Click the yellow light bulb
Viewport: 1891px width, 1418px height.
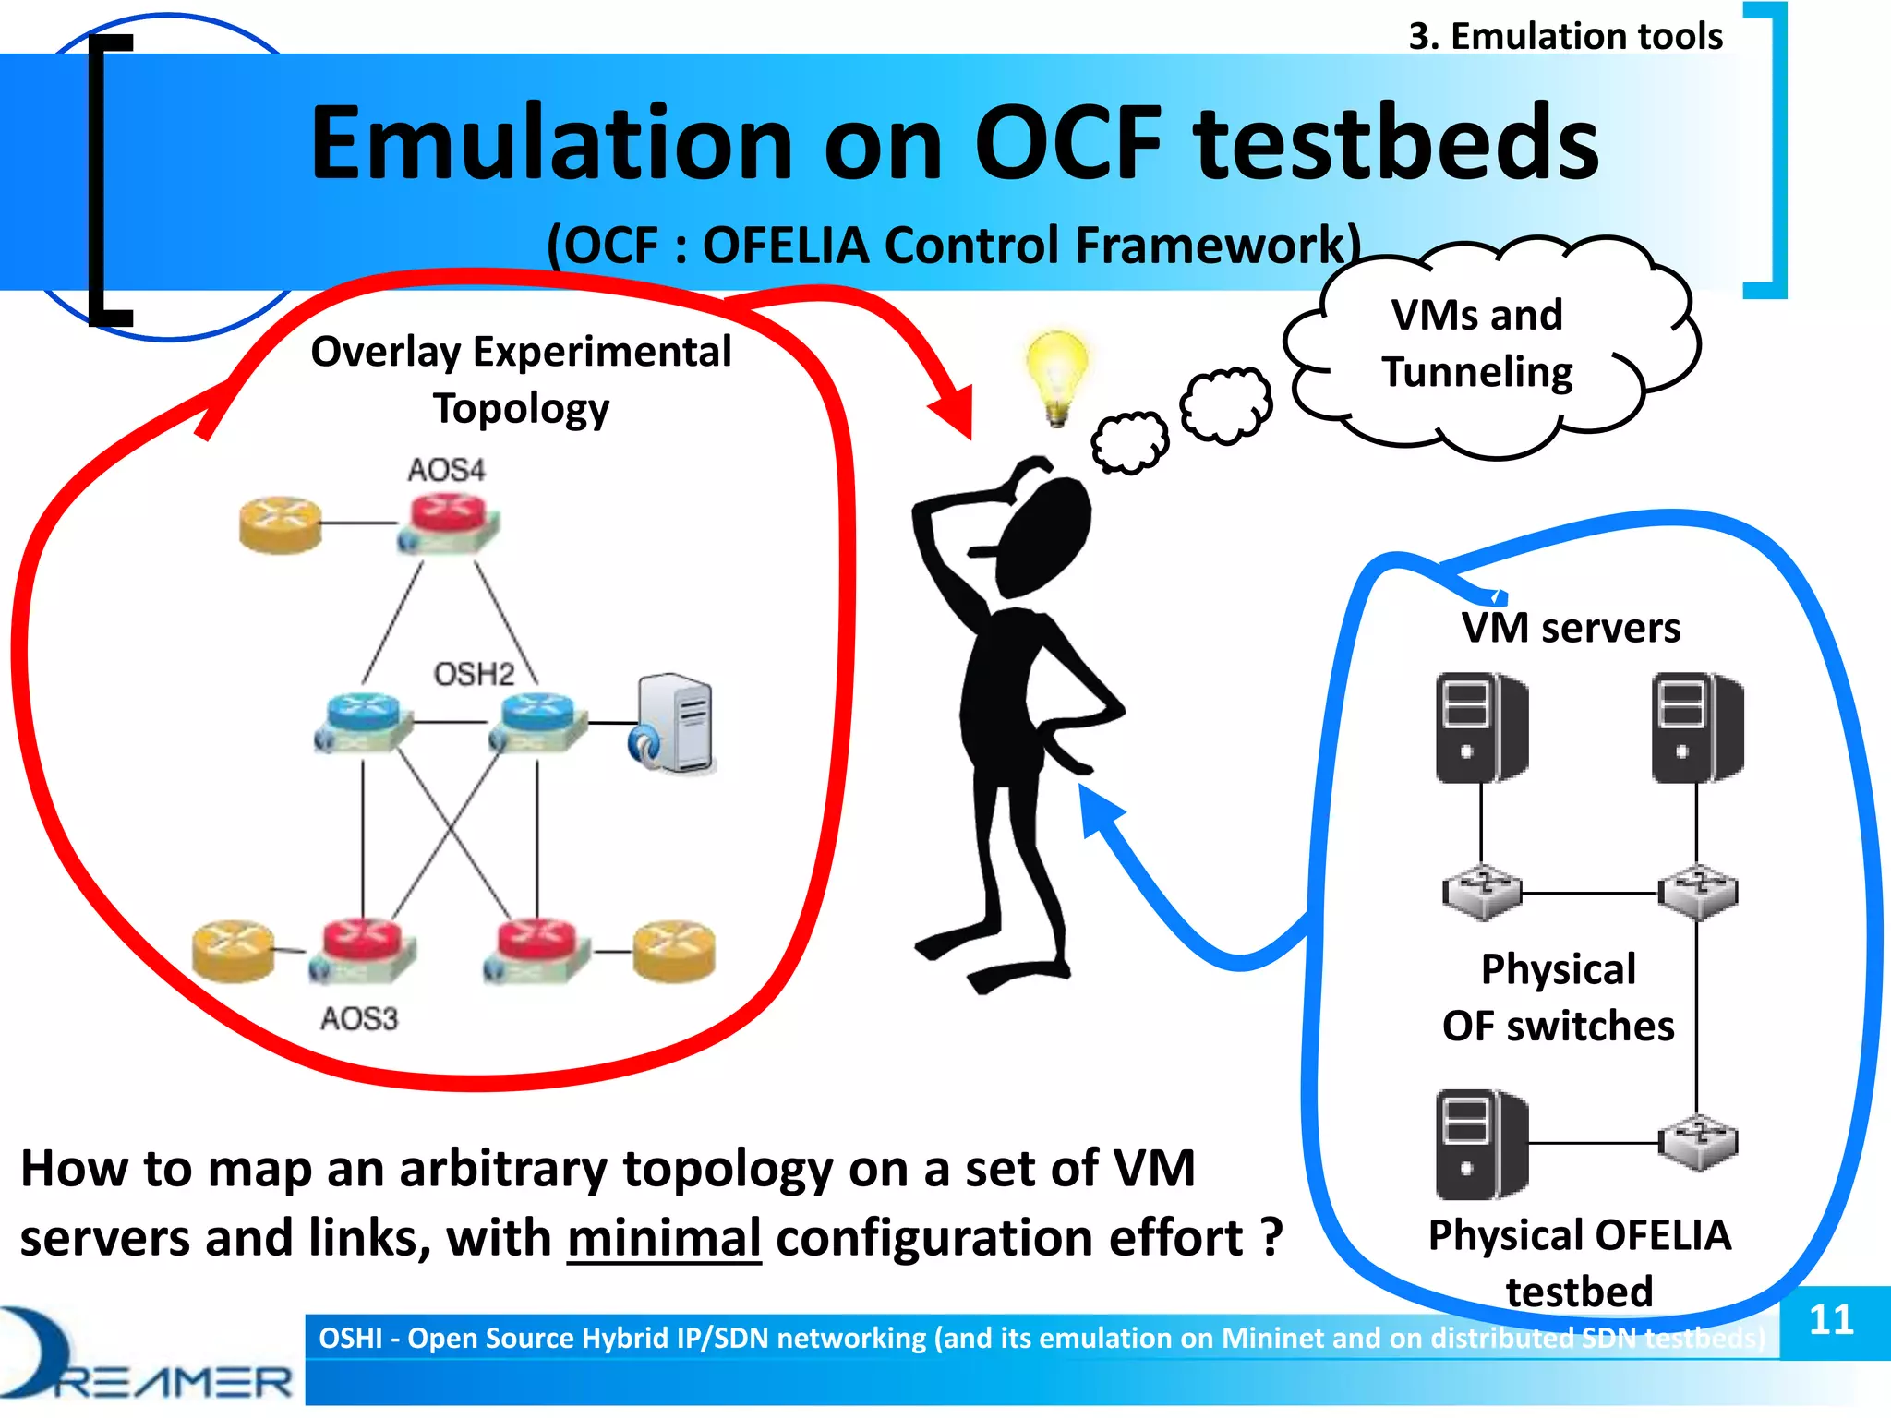point(1056,374)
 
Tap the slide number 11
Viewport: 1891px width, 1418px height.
point(1831,1319)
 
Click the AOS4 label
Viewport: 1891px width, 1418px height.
point(446,470)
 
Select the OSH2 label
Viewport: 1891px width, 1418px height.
point(474,674)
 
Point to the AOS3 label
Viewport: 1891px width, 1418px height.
point(359,1018)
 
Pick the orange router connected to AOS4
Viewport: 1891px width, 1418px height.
point(279,524)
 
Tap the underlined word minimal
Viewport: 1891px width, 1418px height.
point(664,1238)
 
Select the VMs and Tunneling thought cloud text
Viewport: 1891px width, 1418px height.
point(1477,343)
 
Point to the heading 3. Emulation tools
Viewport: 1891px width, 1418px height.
point(1565,36)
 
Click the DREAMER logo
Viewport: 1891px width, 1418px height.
point(148,1357)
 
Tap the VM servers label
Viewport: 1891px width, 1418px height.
point(1570,628)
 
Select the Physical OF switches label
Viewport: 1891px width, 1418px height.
point(1559,997)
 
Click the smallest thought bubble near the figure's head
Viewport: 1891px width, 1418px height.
point(1128,442)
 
